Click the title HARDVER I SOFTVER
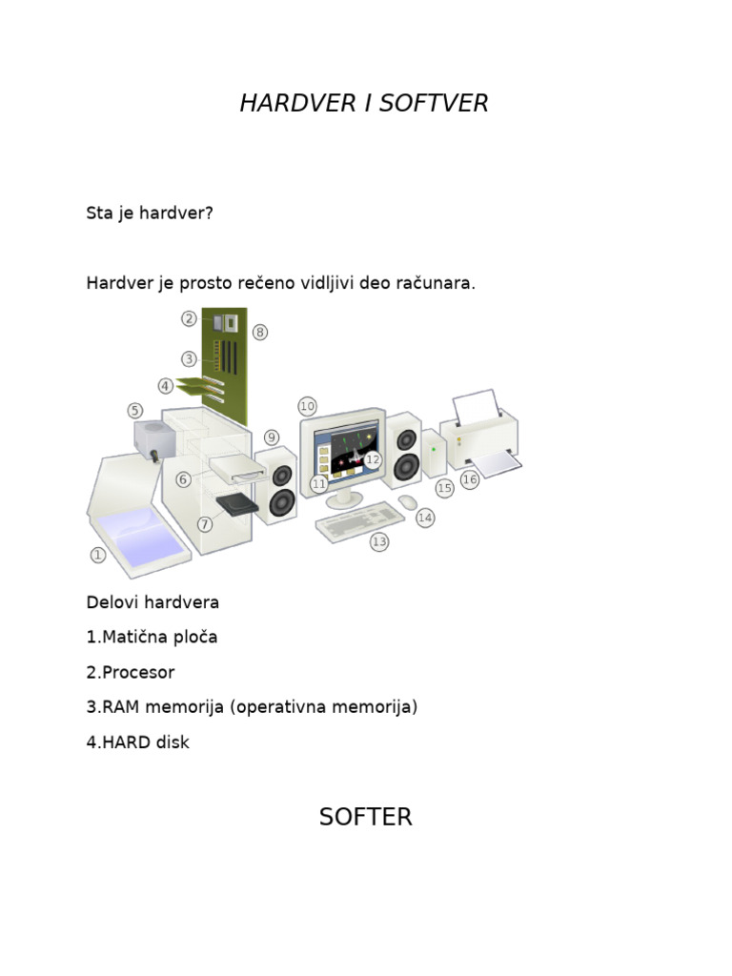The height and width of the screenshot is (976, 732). (x=364, y=103)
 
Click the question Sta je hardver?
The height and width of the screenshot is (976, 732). (x=150, y=213)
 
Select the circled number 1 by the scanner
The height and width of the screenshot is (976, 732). (x=97, y=554)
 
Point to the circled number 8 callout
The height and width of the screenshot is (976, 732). (x=260, y=332)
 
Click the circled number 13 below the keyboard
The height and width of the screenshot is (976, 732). (x=379, y=541)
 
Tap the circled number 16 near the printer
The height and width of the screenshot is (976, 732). (x=469, y=479)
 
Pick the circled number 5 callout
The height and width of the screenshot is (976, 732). (x=135, y=410)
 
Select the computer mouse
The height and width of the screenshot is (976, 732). (x=407, y=501)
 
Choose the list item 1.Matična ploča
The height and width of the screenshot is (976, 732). (x=152, y=637)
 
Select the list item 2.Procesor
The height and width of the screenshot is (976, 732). (x=131, y=672)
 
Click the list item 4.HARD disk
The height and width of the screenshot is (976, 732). (x=137, y=742)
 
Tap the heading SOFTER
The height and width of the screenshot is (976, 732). (x=365, y=817)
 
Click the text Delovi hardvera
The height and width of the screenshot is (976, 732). (x=152, y=602)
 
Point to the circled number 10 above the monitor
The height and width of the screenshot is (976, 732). (x=307, y=406)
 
